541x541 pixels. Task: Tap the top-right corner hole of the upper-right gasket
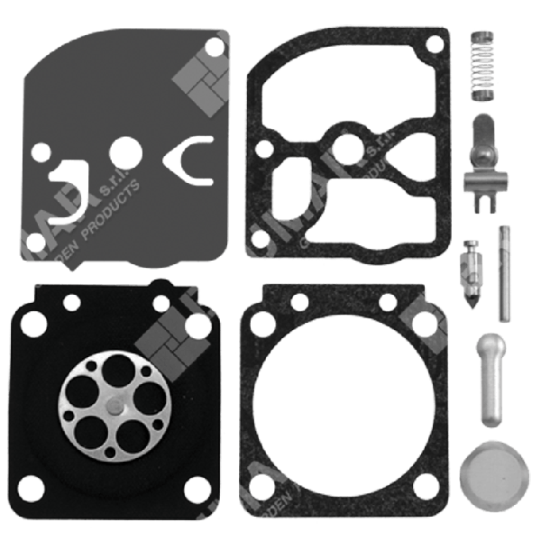435,42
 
